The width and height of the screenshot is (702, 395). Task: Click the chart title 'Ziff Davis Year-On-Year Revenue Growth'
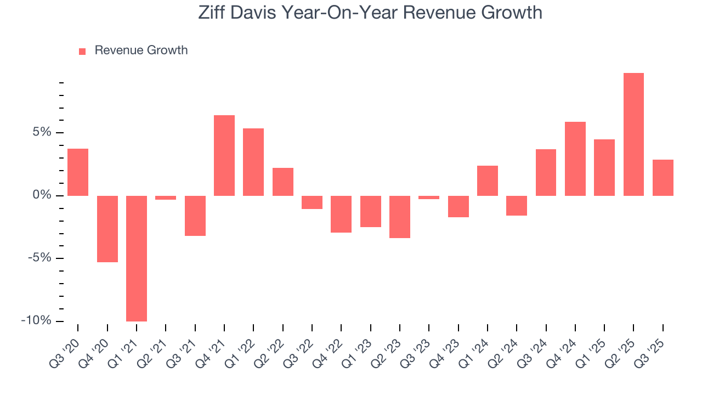370,12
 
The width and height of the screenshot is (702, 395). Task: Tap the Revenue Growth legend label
141,50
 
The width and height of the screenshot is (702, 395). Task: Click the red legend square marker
82,51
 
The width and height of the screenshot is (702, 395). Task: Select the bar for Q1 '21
137,258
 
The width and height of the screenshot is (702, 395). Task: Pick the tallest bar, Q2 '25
633,134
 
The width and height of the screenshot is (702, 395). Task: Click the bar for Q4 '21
224,155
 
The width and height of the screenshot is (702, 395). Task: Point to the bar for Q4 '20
107,229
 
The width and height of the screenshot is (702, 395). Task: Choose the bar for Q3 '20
78,172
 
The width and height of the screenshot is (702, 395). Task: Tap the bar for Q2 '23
400,217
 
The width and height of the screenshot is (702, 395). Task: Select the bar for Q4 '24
575,159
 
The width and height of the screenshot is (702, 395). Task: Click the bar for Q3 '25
663,178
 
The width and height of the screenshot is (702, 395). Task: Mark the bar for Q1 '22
253,162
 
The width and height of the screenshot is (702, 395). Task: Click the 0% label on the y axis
43,195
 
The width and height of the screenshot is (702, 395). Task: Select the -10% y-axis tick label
37,321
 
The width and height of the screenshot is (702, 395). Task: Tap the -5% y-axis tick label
40,258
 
